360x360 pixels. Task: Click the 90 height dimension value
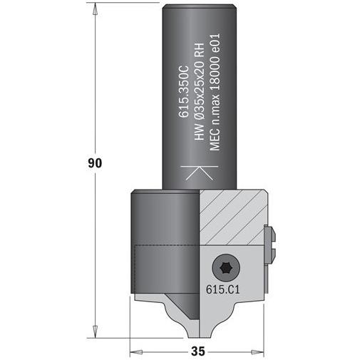click(95, 163)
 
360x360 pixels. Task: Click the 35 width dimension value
click(197, 351)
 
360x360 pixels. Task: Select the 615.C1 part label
click(223, 289)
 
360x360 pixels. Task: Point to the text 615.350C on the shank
click(184, 91)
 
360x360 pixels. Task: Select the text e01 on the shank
click(215, 43)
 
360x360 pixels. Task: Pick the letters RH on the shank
click(199, 51)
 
